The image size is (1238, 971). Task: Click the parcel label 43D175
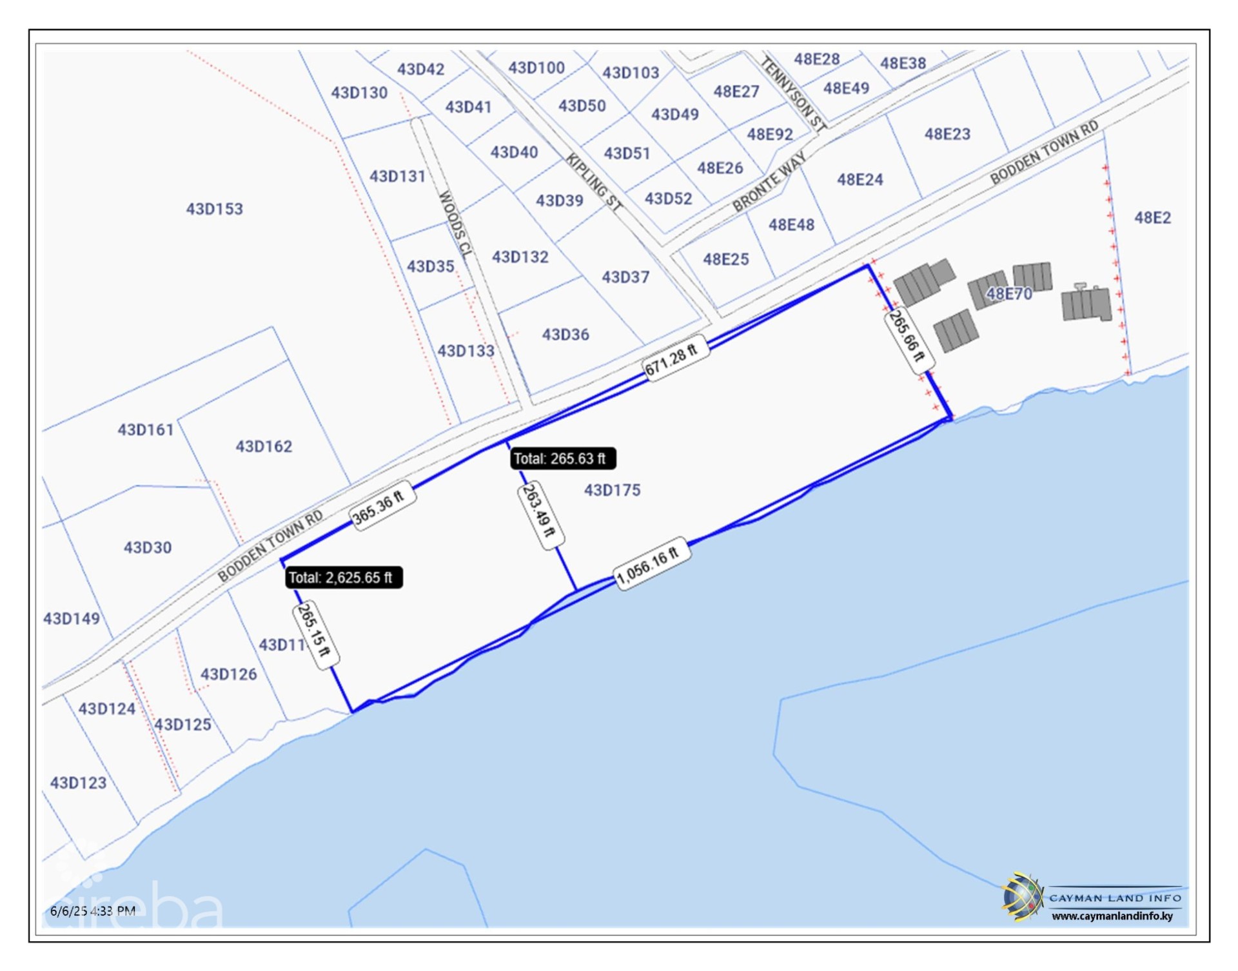pos(612,490)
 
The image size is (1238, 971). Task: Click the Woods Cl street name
pos(456,223)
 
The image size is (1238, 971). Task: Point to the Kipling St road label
pos(594,182)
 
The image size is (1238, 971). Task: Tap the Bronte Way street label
pos(769,182)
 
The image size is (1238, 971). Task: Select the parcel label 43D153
pos(214,209)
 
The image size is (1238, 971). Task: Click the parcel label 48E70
pos(1009,294)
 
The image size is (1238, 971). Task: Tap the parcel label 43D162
pos(264,446)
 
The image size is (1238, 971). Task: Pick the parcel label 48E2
pos(1152,218)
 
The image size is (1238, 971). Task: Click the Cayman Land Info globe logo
pos(1021,896)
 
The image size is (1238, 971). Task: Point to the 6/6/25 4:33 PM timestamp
pos(93,910)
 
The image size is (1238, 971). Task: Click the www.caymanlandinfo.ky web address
pos(1112,916)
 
